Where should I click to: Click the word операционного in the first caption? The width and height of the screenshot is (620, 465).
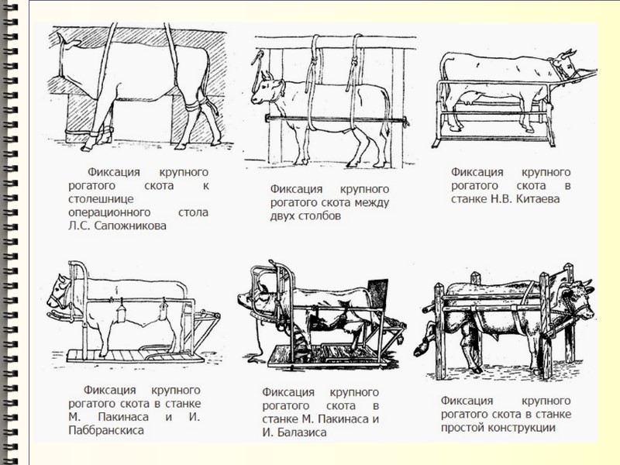[105, 212]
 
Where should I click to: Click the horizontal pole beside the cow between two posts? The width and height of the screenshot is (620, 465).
[341, 119]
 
